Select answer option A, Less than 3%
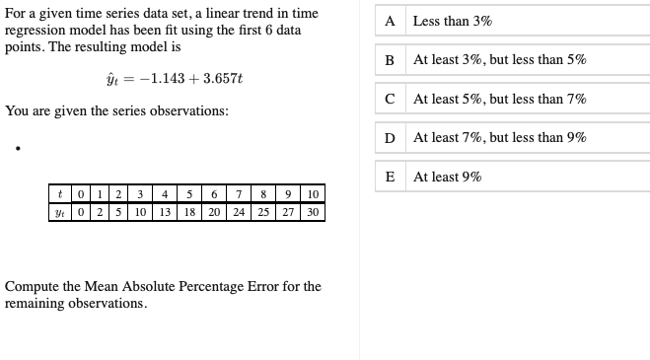453,21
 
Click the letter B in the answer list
390,59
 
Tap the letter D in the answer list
390,138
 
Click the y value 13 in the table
166,212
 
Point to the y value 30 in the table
313,212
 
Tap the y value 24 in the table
239,212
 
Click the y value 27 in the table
288,212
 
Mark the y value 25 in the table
263,212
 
